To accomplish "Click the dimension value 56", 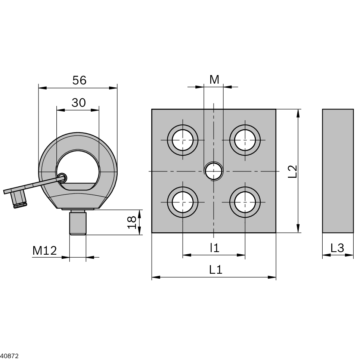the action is (80, 80).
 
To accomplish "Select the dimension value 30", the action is (78, 103).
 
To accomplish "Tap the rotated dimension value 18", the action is (132, 222).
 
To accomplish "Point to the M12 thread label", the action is (44, 251).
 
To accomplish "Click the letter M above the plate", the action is (214, 80).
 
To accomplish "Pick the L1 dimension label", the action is (216, 270).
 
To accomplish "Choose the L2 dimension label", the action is (293, 171).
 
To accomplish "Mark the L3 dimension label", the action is (337, 248).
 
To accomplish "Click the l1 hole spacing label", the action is (215, 248).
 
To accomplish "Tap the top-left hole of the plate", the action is (183, 140).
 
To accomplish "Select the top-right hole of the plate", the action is (245, 140).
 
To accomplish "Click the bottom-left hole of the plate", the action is (183, 202).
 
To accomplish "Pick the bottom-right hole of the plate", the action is (245, 202).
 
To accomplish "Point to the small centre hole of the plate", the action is (214, 171).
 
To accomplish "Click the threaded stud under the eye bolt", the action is (78, 222).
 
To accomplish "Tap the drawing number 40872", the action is (9, 356).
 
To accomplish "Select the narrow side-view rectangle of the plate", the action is (338, 171).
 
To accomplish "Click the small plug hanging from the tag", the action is (20, 199).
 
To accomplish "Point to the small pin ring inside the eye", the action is (62, 177).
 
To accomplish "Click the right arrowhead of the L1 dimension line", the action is (272, 277).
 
